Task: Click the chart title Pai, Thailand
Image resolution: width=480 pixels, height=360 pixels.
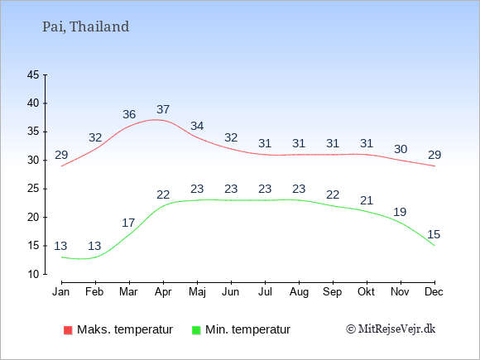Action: [86, 26]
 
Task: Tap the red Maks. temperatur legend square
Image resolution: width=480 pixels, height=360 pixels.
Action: [68, 330]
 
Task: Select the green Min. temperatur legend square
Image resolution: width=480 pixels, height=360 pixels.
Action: [196, 330]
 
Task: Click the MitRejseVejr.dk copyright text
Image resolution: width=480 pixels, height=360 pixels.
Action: [391, 329]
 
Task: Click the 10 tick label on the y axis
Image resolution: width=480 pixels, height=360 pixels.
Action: [33, 274]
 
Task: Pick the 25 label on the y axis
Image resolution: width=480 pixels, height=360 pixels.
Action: [33, 189]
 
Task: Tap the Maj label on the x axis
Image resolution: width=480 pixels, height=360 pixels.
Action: [197, 292]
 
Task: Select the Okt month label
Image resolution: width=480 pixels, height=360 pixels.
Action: [366, 292]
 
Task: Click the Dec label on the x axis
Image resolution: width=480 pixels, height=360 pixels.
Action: [434, 292]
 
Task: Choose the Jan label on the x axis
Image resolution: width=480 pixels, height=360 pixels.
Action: [61, 292]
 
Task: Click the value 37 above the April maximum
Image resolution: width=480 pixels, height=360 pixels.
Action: [163, 109]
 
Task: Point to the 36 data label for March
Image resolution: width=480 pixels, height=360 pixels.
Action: [129, 114]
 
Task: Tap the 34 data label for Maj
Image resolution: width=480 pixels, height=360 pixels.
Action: [197, 126]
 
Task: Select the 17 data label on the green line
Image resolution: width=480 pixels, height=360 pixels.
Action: [128, 223]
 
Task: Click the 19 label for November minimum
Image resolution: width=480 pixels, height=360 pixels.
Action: [400, 212]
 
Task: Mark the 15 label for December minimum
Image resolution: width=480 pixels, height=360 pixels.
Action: [434, 234]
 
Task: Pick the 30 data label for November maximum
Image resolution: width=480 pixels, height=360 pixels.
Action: [401, 150]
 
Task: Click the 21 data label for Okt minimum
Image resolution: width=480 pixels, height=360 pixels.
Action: [367, 200]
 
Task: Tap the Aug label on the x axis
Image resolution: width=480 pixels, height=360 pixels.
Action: [299, 292]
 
